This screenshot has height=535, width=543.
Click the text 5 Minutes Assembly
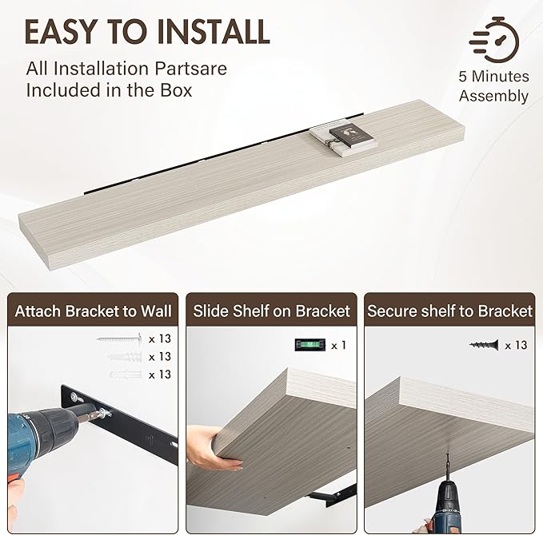[x=493, y=86]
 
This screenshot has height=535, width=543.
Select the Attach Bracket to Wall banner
[x=90, y=311]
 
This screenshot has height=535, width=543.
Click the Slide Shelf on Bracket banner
[x=272, y=311]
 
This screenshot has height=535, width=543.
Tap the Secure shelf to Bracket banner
[x=449, y=311]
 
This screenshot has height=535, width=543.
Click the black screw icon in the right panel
[x=484, y=345]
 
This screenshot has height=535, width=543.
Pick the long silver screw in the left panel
[x=119, y=339]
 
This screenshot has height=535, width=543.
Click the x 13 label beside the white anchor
[x=159, y=374]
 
